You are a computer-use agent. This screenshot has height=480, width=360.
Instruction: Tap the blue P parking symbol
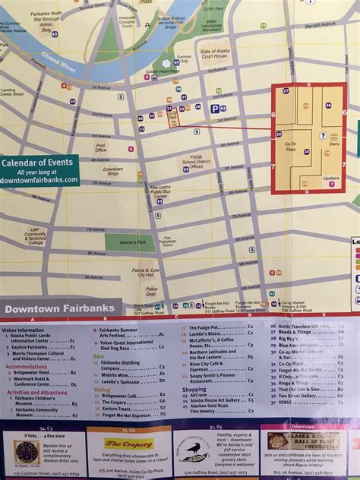coord(214,109)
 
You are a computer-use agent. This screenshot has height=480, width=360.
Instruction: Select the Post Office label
coord(100,148)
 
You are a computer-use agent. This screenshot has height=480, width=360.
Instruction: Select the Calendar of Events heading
coord(37,162)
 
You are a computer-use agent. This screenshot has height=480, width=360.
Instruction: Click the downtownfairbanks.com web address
coord(39,180)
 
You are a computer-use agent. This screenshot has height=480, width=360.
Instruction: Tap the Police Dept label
coord(152,291)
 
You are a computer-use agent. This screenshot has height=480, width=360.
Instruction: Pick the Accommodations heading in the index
coord(27,366)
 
